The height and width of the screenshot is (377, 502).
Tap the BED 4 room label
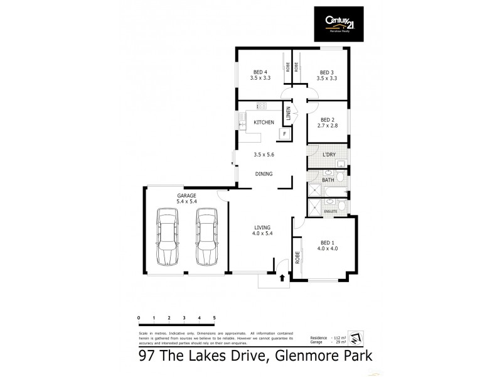tap(260, 72)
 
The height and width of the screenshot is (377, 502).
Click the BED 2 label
tap(327, 119)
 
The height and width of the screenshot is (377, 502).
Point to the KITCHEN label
tap(263, 122)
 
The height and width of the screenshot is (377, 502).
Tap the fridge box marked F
tap(285, 134)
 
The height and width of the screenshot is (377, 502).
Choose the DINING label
tap(264, 173)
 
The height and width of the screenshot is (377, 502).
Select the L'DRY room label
tap(328, 155)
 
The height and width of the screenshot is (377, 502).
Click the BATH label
tap(328, 180)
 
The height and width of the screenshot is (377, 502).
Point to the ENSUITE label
tap(331, 212)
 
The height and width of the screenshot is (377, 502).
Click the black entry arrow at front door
tap(282, 277)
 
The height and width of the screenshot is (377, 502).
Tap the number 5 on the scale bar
tap(215, 318)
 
